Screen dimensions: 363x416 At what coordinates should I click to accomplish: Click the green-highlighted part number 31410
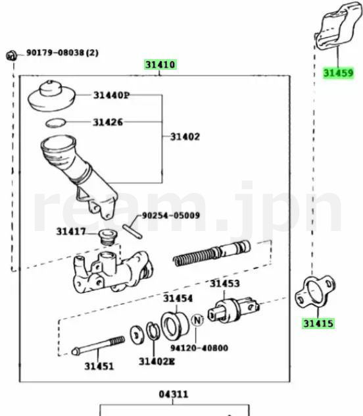click(x=160, y=65)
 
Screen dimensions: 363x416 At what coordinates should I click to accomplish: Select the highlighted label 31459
click(x=339, y=73)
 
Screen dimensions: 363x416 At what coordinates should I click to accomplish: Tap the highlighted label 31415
click(x=318, y=324)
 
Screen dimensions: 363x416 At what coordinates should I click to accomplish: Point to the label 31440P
click(x=111, y=95)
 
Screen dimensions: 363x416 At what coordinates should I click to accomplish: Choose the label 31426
click(x=108, y=122)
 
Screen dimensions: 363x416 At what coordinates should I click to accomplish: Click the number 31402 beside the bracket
click(x=185, y=137)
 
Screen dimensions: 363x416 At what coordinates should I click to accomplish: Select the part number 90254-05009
click(x=171, y=215)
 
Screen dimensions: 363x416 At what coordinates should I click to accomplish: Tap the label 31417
click(x=71, y=232)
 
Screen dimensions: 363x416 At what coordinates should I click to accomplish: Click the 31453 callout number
click(x=225, y=284)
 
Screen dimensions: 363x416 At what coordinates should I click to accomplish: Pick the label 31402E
click(x=157, y=361)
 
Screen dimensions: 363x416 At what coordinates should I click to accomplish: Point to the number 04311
click(x=174, y=394)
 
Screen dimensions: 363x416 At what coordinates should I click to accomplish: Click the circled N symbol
click(x=197, y=320)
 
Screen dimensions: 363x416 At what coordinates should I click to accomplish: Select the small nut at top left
click(x=11, y=55)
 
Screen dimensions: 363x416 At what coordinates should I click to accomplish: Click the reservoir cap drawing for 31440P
click(x=52, y=95)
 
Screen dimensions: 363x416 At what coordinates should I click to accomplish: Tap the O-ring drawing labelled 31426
click(x=56, y=123)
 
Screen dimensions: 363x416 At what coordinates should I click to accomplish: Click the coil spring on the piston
click(x=193, y=257)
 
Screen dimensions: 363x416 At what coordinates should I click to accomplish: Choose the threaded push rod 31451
click(x=98, y=346)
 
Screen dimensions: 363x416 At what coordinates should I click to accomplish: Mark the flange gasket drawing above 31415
click(x=315, y=292)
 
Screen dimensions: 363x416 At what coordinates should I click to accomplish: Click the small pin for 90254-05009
click(x=132, y=232)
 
